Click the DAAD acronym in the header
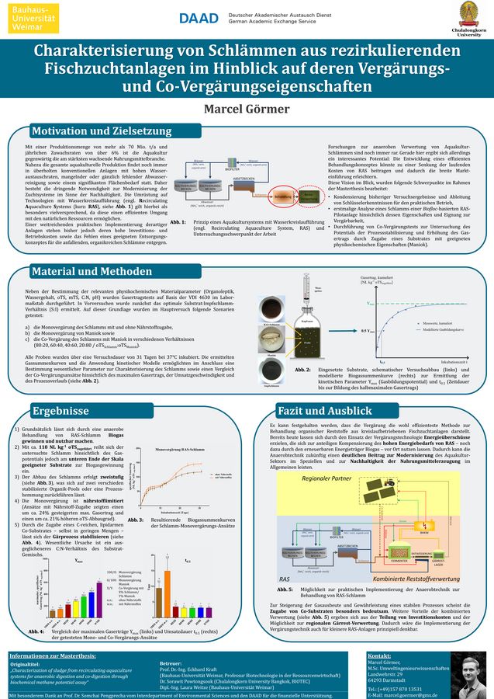tap(198, 18)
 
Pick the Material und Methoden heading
tap(93, 272)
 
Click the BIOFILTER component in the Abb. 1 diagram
tap(232, 167)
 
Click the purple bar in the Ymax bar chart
tap(90, 602)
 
